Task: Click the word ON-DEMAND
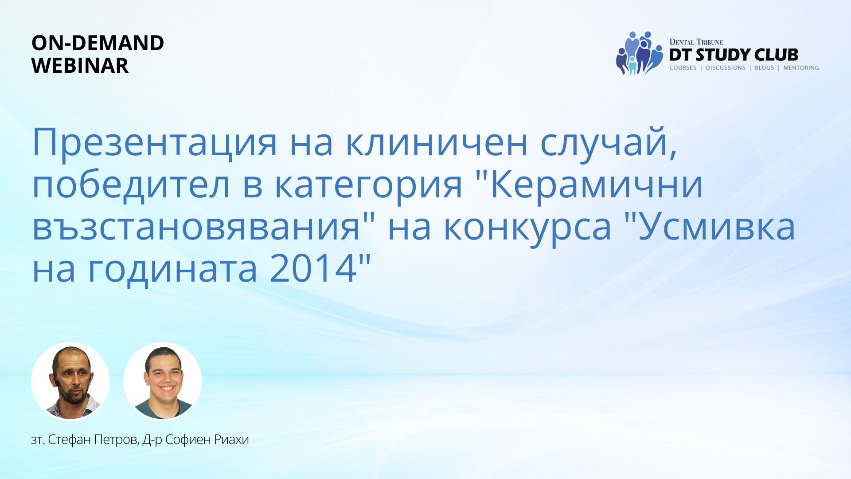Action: pyautogui.click(x=98, y=43)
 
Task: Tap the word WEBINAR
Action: pyautogui.click(x=80, y=66)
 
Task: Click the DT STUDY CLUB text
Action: pyautogui.click(x=734, y=55)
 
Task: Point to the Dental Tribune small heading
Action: pyautogui.click(x=696, y=42)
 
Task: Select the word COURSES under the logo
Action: pyautogui.click(x=683, y=68)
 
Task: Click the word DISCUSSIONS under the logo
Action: pyautogui.click(x=726, y=68)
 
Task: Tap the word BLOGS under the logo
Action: pyautogui.click(x=764, y=68)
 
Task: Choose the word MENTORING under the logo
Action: pyautogui.click(x=801, y=68)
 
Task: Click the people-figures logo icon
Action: pyautogui.click(x=639, y=53)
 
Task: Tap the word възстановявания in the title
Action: pyautogui.click(x=196, y=227)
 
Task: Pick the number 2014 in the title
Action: pyautogui.click(x=313, y=268)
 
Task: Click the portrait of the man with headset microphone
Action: pyautogui.click(x=70, y=381)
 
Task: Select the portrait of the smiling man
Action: pyautogui.click(x=163, y=381)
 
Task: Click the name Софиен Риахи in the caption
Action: pyautogui.click(x=207, y=440)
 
